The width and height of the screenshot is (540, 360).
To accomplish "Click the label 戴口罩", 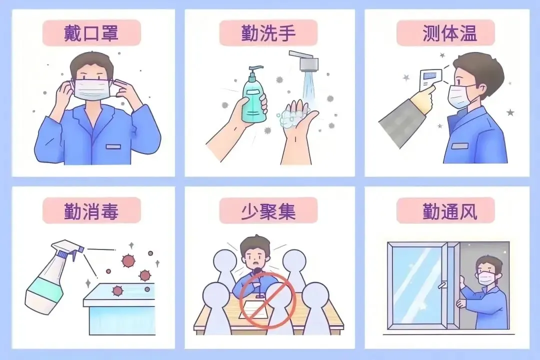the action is (x=91, y=33).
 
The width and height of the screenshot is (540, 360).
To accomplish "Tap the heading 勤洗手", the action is (x=268, y=33).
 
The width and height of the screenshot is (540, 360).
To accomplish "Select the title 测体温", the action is (x=450, y=33).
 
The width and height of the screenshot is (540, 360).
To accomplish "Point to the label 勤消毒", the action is (x=91, y=210).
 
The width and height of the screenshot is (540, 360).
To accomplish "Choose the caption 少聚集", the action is (x=268, y=210).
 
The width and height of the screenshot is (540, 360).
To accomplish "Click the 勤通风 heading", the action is (x=450, y=210).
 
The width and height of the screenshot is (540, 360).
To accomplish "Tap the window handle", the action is (x=442, y=285).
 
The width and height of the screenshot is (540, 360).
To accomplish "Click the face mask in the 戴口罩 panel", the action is (x=91, y=89).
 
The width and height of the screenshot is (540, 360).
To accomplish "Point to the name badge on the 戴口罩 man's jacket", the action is (x=113, y=147).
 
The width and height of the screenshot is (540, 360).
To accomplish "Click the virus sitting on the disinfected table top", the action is (x=117, y=291).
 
